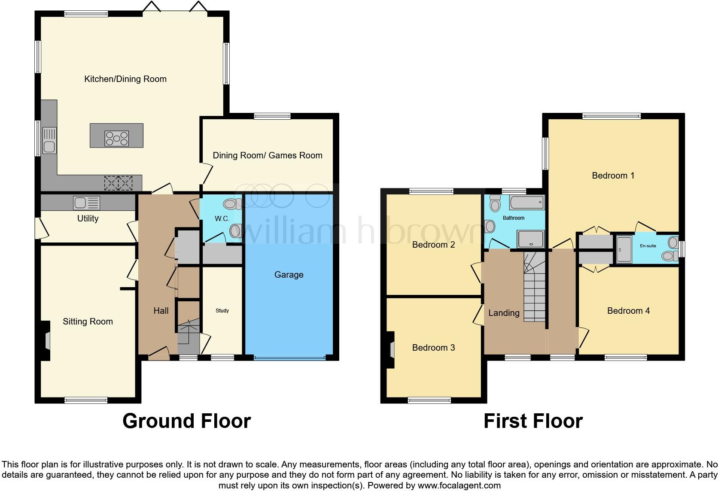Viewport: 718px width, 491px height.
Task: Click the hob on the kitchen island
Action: (x=116, y=138)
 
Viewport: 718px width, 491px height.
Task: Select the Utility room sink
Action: (x=86, y=203)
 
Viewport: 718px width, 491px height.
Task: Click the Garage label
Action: (x=289, y=275)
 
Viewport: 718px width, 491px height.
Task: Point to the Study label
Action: (x=222, y=310)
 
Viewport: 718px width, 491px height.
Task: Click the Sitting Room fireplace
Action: (x=46, y=341)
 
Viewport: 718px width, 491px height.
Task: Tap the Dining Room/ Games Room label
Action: (x=267, y=155)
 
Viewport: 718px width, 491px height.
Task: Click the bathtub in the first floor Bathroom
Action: (x=526, y=202)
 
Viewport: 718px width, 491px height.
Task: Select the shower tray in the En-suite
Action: (x=624, y=249)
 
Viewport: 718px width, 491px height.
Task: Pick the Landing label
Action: (x=504, y=313)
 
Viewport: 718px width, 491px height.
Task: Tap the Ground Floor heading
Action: (x=186, y=421)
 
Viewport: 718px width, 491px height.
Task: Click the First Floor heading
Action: (x=533, y=421)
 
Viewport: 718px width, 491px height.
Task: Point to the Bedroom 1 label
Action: (x=613, y=175)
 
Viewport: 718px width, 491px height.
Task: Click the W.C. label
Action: (x=222, y=219)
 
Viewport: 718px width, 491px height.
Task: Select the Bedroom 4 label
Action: (x=628, y=311)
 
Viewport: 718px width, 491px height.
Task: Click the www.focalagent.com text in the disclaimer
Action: (x=459, y=485)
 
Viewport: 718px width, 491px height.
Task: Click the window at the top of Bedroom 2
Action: (x=431, y=191)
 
